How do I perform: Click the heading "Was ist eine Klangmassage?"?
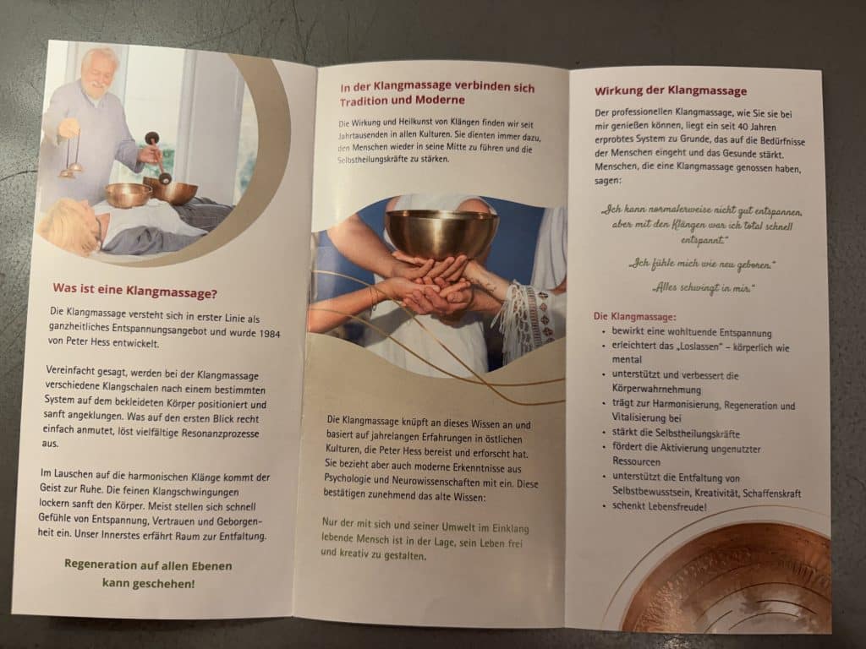[135, 291]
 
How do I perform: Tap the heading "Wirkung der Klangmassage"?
[671, 90]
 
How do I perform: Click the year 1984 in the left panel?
[270, 333]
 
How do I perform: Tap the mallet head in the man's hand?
[152, 138]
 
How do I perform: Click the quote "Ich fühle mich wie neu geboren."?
[701, 264]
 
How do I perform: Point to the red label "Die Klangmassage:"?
[634, 317]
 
